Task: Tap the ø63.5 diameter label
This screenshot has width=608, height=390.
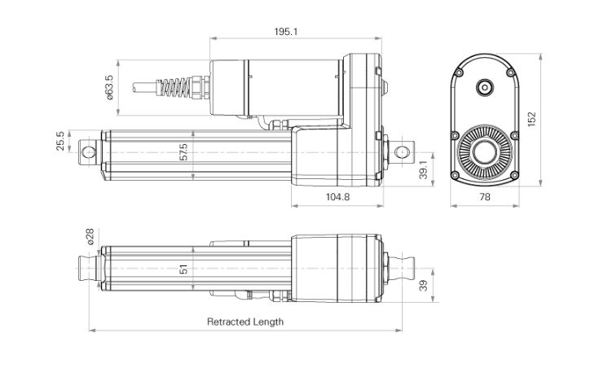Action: pos(109,87)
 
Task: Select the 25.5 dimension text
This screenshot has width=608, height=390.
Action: pos(59,140)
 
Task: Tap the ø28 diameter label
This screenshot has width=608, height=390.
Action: pos(89,237)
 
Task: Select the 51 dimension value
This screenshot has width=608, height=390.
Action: pos(184,269)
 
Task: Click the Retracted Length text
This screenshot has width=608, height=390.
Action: pos(245,322)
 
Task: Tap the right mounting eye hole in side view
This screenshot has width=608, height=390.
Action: pos(400,152)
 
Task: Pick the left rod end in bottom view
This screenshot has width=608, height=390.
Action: pos(86,268)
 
